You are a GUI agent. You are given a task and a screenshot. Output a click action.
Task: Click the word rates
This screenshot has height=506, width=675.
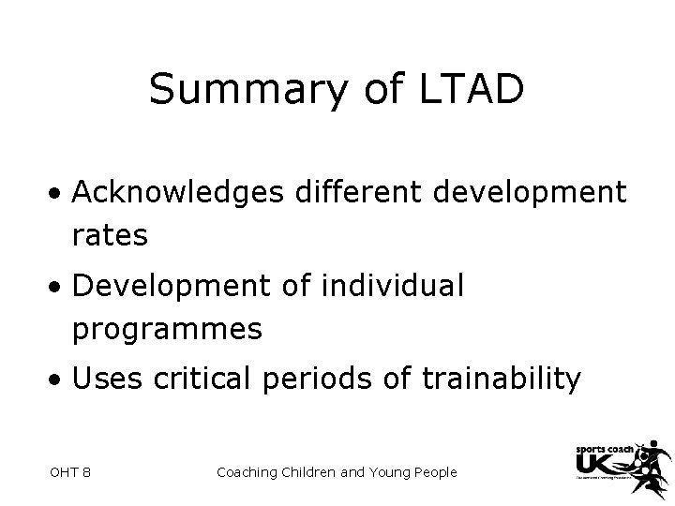tap(110, 235)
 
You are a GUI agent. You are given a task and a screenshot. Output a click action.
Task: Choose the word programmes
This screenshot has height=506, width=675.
tap(167, 329)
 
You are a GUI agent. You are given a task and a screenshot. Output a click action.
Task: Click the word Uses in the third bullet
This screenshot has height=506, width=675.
tap(104, 379)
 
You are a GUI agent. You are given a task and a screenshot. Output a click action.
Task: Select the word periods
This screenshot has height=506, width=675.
tap(314, 379)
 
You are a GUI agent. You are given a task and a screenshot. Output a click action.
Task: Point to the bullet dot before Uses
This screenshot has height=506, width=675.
tap(58, 380)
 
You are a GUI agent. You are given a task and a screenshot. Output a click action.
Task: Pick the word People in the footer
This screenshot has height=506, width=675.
tap(432, 472)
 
